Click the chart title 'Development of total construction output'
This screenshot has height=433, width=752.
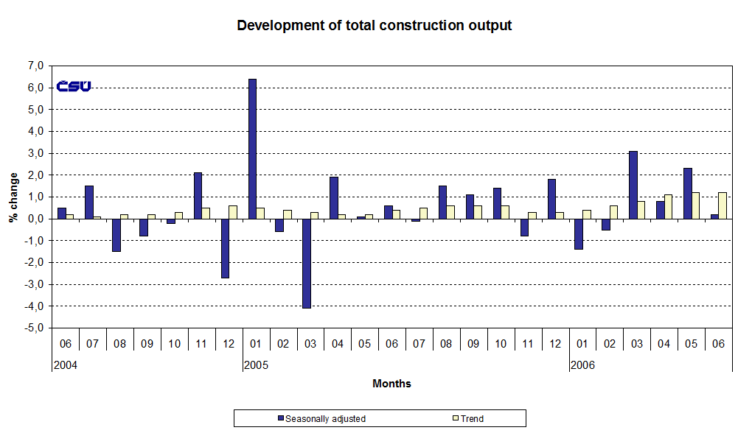374,26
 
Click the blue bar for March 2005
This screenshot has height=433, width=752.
306,263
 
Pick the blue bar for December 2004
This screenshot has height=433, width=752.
225,248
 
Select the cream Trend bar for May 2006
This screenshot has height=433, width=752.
695,205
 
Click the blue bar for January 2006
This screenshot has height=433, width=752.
578,234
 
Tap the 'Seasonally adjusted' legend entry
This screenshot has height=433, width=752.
325,419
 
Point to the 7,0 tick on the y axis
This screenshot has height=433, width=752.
35,66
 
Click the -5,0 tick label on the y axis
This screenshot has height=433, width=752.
34,328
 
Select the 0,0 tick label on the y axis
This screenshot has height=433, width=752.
35,219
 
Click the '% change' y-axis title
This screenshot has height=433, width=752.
13,197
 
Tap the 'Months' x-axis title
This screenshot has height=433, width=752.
391,384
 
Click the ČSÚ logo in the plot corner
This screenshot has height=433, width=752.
74,86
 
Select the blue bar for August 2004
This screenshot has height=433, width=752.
116,235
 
